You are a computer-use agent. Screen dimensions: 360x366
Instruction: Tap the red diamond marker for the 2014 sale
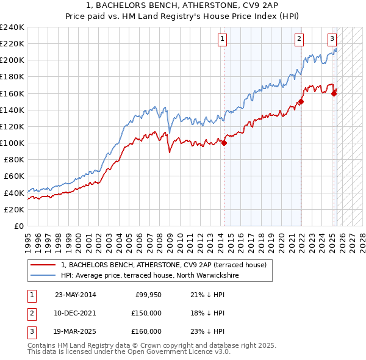click(x=224, y=143)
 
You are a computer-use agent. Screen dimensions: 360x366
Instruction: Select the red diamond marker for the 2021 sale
click(x=301, y=102)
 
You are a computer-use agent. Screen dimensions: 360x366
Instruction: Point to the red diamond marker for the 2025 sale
click(x=334, y=93)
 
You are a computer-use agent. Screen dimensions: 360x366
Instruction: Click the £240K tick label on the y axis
click(x=12, y=27)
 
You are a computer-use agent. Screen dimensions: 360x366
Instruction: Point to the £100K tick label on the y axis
click(x=12, y=143)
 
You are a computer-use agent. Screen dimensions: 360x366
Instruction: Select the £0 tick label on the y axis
click(x=18, y=226)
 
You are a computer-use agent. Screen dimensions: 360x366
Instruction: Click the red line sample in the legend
click(x=43, y=265)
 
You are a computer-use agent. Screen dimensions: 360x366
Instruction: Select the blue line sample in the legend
click(x=43, y=276)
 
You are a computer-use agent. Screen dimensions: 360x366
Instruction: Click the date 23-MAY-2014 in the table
click(x=75, y=295)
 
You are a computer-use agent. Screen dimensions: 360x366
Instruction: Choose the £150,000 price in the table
click(x=146, y=313)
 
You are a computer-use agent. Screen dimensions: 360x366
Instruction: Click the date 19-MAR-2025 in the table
click(x=75, y=331)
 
